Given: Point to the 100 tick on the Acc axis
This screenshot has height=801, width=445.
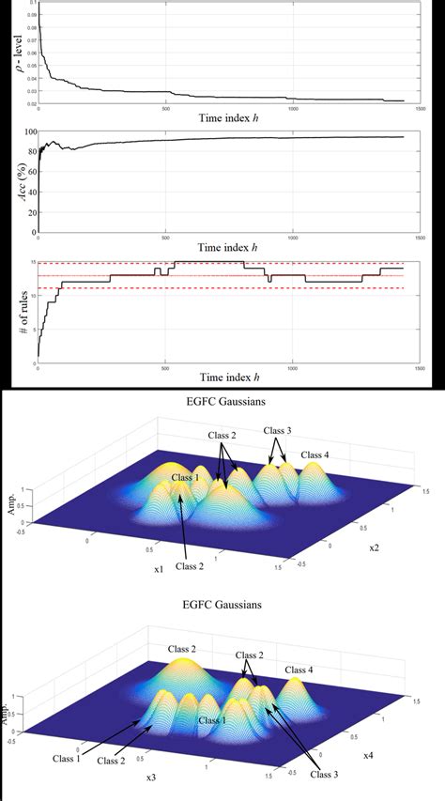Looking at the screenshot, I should (30, 133).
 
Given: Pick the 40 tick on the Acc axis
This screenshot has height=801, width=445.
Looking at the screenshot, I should (31, 193).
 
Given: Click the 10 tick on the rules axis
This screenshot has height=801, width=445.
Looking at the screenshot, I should (31, 297).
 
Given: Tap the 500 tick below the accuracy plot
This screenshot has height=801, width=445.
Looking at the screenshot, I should (165, 237).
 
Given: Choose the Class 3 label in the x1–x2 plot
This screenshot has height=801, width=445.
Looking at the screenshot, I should (278, 431).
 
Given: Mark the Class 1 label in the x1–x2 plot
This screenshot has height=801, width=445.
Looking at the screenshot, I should (187, 477).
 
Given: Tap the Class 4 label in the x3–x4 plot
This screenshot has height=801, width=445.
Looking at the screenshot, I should (299, 669).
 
